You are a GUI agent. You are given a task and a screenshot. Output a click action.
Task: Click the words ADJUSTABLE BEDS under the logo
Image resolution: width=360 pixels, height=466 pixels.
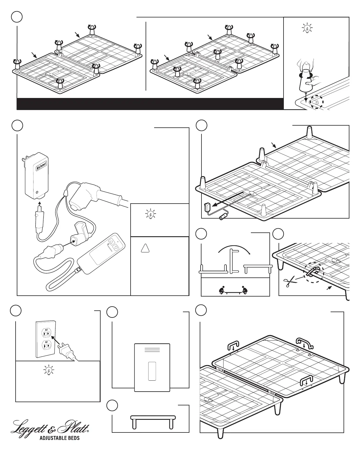pos(60,438)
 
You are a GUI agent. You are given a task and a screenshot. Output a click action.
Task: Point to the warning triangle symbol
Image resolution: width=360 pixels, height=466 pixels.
pos(145,248)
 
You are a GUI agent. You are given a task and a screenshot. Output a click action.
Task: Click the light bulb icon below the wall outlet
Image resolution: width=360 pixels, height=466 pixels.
pos(48,370)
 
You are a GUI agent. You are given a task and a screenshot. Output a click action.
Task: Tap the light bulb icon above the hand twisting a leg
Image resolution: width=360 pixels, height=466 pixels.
pos(307,29)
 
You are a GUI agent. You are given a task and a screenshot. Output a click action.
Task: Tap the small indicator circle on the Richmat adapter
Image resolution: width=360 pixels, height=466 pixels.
pos(37,194)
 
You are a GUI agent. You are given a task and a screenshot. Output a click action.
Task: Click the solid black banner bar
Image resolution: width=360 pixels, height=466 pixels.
pos(150,104)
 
